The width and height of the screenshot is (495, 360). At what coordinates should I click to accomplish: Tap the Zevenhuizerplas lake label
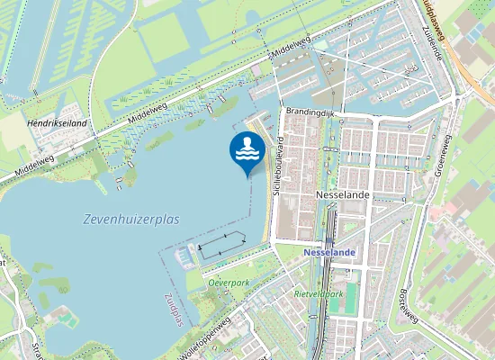click(131, 219)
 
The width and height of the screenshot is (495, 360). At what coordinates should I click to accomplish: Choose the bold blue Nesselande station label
click(330, 253)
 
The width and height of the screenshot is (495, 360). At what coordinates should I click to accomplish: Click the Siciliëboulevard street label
click(280, 166)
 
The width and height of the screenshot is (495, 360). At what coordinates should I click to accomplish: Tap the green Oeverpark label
click(229, 282)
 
